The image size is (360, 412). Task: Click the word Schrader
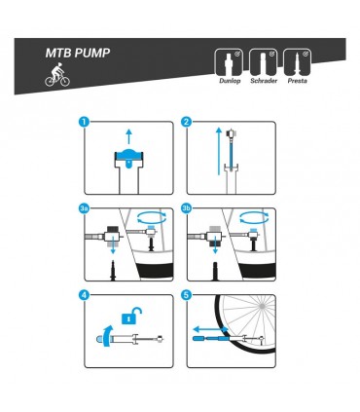tap(264, 82)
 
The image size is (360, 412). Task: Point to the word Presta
tap(299, 82)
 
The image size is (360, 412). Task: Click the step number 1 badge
tap(85, 123)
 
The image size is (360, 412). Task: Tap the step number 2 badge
tap(187, 123)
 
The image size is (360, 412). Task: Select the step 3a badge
tap(85, 207)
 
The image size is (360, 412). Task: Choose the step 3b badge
tap(187, 207)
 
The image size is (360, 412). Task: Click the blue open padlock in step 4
tap(126, 316)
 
